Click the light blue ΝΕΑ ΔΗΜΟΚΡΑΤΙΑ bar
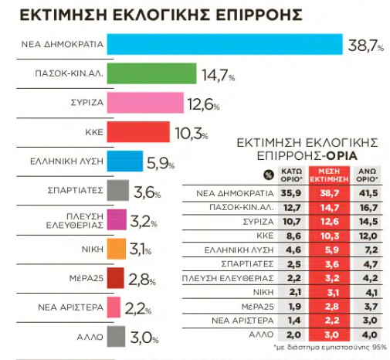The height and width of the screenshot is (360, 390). [x=225, y=44]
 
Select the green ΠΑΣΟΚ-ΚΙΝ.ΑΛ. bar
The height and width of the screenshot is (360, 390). [x=151, y=73]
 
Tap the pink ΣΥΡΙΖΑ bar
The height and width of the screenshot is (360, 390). [x=145, y=103]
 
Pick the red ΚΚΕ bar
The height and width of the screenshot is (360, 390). [x=138, y=132]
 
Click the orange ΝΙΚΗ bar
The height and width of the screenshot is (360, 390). [x=117, y=249]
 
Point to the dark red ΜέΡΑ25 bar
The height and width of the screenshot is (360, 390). [x=115, y=278]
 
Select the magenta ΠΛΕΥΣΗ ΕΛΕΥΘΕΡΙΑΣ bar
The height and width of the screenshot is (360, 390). [x=117, y=219]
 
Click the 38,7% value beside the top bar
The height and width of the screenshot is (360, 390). [x=366, y=46]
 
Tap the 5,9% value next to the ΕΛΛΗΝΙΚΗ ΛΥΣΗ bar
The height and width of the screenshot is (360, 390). [x=161, y=163]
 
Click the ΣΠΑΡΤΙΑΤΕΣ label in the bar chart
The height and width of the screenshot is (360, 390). [x=75, y=190]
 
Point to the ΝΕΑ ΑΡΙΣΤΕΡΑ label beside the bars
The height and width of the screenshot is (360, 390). [x=70, y=307]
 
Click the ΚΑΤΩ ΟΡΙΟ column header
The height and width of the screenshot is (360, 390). [x=291, y=175]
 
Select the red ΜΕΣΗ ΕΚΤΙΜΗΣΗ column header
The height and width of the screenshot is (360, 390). [x=329, y=175]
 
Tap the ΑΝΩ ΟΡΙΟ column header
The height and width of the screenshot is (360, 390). [x=367, y=175]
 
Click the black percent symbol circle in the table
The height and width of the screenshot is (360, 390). [x=269, y=175]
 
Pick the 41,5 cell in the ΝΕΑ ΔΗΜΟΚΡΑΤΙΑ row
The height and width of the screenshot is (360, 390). [x=368, y=193]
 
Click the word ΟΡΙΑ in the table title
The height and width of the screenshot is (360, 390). [x=341, y=156]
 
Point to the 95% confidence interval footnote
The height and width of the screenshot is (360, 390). [x=330, y=348]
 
